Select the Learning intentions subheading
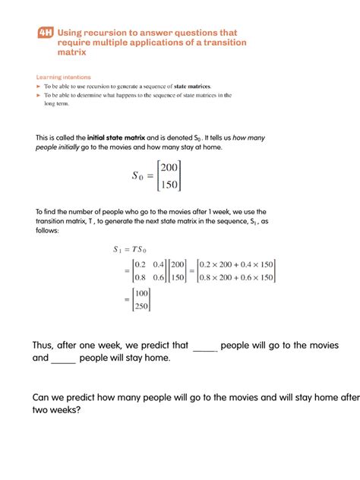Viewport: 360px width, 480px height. [x=64, y=77]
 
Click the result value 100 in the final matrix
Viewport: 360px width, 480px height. [x=142, y=293]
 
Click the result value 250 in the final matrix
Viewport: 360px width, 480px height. [x=142, y=306]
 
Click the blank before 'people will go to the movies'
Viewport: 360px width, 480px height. [x=205, y=346]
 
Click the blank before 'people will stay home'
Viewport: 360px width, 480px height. [x=64, y=358]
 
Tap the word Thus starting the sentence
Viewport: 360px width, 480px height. [x=45, y=346]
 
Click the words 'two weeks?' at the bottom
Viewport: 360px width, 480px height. [x=58, y=410]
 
